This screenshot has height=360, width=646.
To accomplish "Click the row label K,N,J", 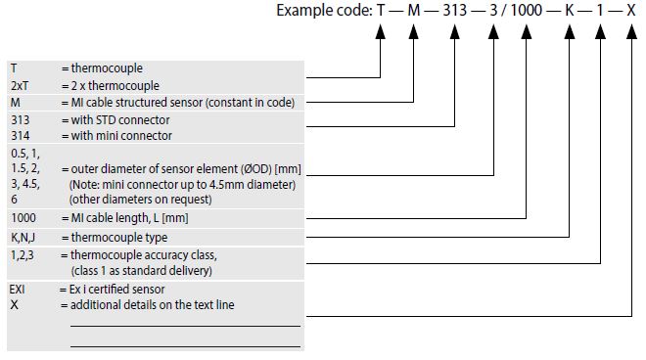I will [x=24, y=238].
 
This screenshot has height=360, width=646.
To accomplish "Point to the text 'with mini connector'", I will [x=121, y=136].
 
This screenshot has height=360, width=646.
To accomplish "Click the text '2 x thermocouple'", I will [x=115, y=86].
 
